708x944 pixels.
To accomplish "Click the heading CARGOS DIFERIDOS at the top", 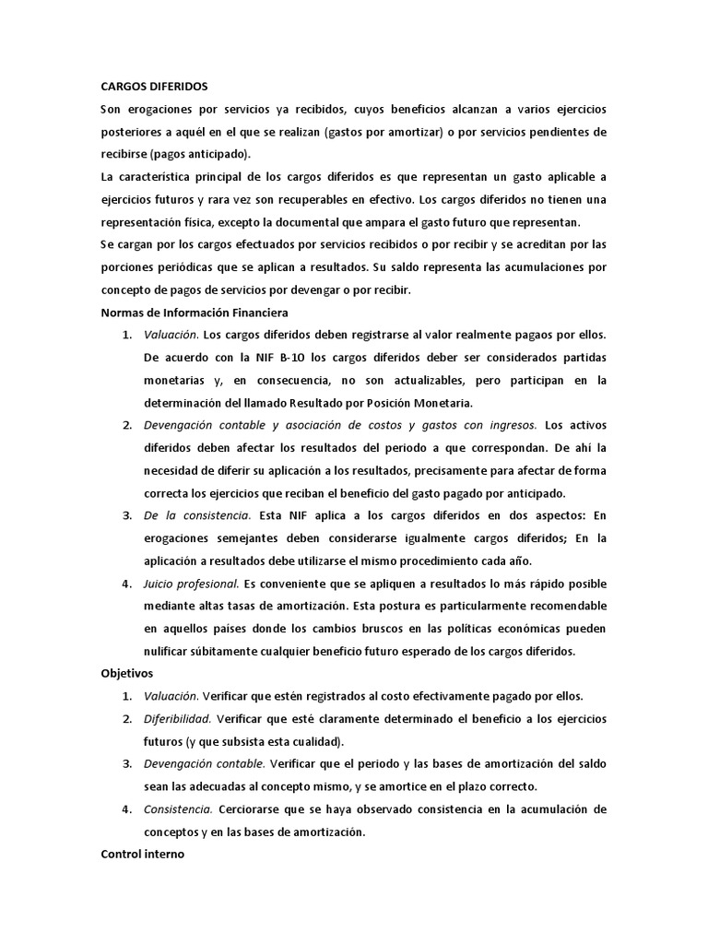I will point(154,87).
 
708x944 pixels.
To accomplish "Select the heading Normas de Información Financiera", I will point(195,313).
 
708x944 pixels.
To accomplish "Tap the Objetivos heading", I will point(127,674).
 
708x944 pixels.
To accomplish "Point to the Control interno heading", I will point(142,855).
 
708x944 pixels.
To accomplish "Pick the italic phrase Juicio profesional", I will point(191,584).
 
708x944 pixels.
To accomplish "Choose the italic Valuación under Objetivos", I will point(171,696).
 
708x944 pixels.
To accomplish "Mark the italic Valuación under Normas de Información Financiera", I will point(171,335).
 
